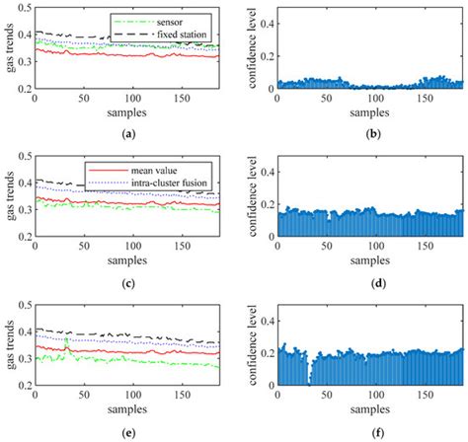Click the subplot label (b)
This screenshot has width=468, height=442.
pos(369,133)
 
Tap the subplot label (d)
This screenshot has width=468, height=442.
pos(369,282)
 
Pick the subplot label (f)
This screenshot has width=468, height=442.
pos(369,431)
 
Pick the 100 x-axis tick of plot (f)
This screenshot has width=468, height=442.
pos(369,397)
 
